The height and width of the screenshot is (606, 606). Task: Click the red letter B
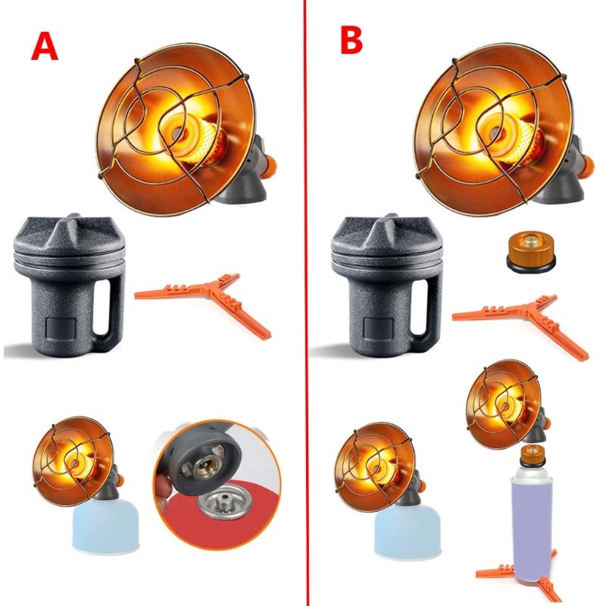tap(351, 40)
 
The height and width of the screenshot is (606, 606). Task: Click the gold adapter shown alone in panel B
tap(531, 251)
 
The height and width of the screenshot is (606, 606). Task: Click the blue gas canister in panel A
tap(105, 525)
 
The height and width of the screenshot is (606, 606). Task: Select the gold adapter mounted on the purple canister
tap(533, 456)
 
